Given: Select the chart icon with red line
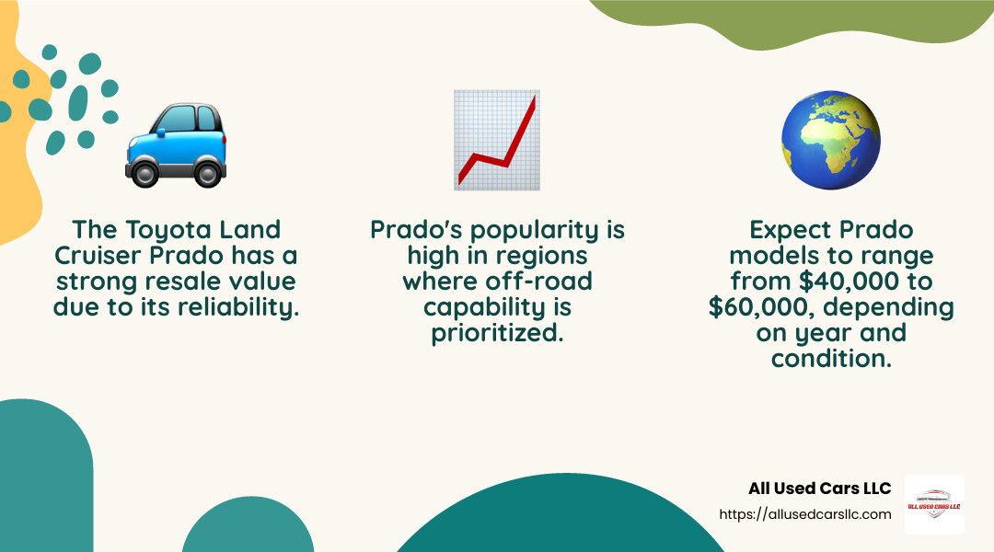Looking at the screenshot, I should point(497,140).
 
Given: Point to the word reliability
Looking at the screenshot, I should point(246,306).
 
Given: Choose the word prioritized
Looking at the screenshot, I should point(497,332).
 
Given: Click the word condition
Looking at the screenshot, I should point(831,358).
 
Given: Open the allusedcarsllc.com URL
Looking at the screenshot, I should point(804,514).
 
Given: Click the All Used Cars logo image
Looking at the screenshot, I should point(934,504).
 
